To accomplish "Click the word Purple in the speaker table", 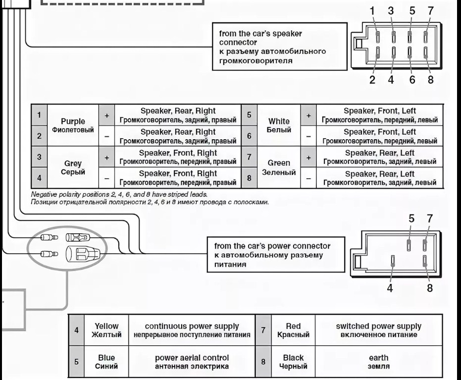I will [73, 121].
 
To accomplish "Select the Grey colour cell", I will [73, 167].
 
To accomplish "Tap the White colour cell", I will [279, 125].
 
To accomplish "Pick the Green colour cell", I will [279, 167].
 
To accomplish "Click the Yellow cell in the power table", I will [106, 330].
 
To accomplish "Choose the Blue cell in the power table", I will [106, 362].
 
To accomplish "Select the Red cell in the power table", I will [293, 330].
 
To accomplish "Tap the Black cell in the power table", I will [293, 362].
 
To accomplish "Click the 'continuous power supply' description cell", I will [192, 330].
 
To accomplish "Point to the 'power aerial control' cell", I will [192, 362].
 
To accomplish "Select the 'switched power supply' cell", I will [378, 330].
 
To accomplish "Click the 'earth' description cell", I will [378, 362].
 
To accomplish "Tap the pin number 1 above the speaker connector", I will [372, 10].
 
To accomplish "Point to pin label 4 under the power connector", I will [390, 288].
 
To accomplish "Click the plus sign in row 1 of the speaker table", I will [106, 115].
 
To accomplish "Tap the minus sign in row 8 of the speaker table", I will [308, 178].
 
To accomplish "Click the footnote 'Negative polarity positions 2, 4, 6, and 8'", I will [119, 195].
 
